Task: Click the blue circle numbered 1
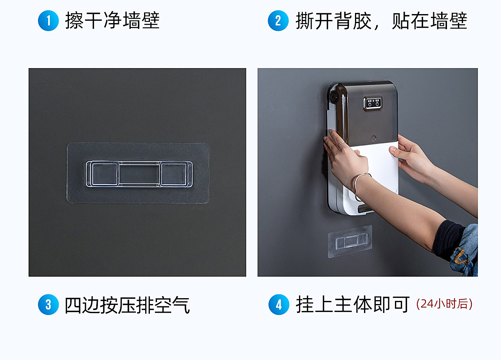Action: [x=48, y=21]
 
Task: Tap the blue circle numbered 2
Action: [x=278, y=21]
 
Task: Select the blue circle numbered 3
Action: [x=48, y=304]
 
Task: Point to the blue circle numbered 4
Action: [x=279, y=304]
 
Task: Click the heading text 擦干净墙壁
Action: [x=112, y=21]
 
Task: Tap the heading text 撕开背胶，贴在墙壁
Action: [x=381, y=21]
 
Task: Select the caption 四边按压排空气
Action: [x=127, y=305]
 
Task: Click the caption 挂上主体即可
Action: [x=353, y=304]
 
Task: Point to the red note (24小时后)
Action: [x=444, y=304]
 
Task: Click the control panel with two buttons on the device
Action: [x=372, y=103]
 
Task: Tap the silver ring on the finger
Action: [x=342, y=144]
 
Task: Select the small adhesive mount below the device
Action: [x=350, y=241]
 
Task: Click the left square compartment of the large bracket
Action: [x=105, y=174]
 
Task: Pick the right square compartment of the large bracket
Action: [x=173, y=174]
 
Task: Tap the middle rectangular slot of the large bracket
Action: [x=139, y=174]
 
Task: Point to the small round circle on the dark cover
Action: [x=373, y=138]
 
